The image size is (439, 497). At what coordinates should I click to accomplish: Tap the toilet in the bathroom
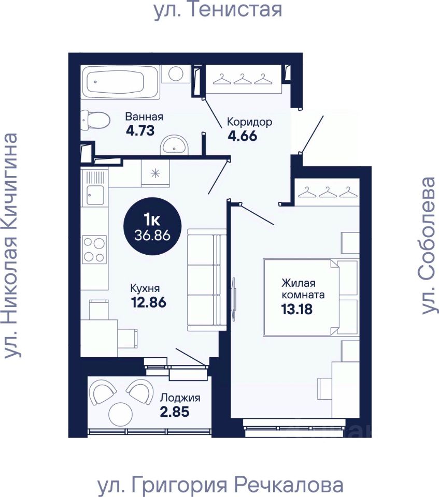point(95,120)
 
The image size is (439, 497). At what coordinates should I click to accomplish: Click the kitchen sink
point(95,194)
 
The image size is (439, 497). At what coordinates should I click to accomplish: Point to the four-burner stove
point(94,250)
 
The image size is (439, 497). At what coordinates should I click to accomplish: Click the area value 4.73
point(140,130)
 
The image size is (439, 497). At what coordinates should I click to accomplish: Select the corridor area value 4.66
point(242,136)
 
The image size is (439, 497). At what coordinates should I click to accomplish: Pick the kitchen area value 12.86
point(149,302)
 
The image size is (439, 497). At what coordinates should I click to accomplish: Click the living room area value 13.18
point(297,309)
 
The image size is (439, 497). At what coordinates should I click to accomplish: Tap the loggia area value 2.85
point(175,412)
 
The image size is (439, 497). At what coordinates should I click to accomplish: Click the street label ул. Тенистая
point(218,10)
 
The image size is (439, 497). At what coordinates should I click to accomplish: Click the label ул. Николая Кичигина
point(10,246)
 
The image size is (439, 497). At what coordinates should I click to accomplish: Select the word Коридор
point(249,122)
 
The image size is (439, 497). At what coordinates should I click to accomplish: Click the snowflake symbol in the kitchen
point(155,173)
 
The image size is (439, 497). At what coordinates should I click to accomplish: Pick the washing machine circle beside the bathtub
point(176,74)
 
